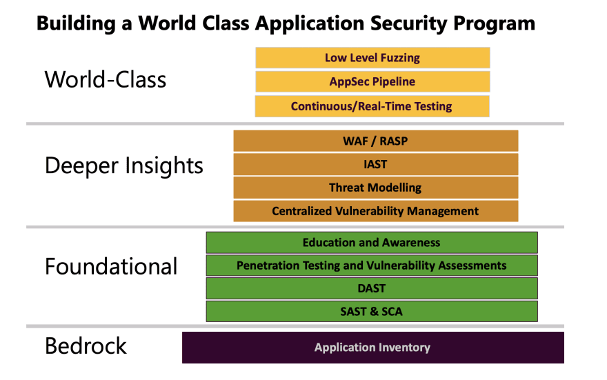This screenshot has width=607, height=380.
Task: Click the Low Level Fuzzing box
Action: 372,58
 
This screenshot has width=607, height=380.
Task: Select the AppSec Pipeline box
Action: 372,81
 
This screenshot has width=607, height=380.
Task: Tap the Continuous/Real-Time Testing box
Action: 372,106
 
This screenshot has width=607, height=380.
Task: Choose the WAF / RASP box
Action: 375,141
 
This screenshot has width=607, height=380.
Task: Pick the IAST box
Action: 375,164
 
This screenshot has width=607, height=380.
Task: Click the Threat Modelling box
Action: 375,188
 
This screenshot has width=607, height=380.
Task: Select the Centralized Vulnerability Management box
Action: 375,211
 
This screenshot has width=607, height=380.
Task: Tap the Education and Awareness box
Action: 372,243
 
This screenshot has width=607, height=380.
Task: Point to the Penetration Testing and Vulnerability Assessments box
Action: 372,266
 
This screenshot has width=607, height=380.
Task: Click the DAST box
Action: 372,288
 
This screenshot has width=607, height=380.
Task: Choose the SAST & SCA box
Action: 372,312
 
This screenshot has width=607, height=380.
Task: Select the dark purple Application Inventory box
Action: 372,348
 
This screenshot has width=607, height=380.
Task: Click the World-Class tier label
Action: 106,80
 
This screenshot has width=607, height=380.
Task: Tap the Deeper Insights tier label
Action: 124,166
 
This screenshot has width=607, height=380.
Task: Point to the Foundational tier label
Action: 111,267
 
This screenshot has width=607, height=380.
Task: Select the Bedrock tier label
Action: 86,346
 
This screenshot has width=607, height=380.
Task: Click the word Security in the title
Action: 409,24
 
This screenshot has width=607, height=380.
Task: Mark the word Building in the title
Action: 77,24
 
